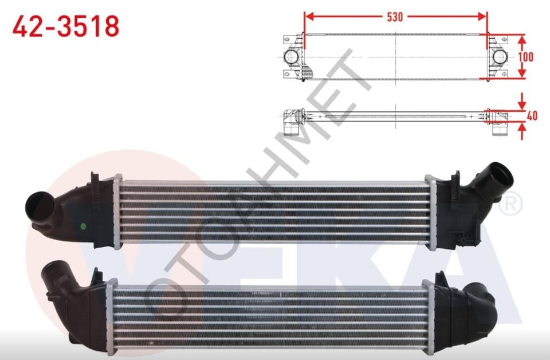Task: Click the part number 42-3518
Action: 66,26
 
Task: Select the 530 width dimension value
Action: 395,17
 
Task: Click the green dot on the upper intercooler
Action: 84,225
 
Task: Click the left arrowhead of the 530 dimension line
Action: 308,17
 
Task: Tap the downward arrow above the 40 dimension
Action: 522,104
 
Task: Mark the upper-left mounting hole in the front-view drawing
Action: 287,40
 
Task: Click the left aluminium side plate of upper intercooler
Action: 117,212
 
